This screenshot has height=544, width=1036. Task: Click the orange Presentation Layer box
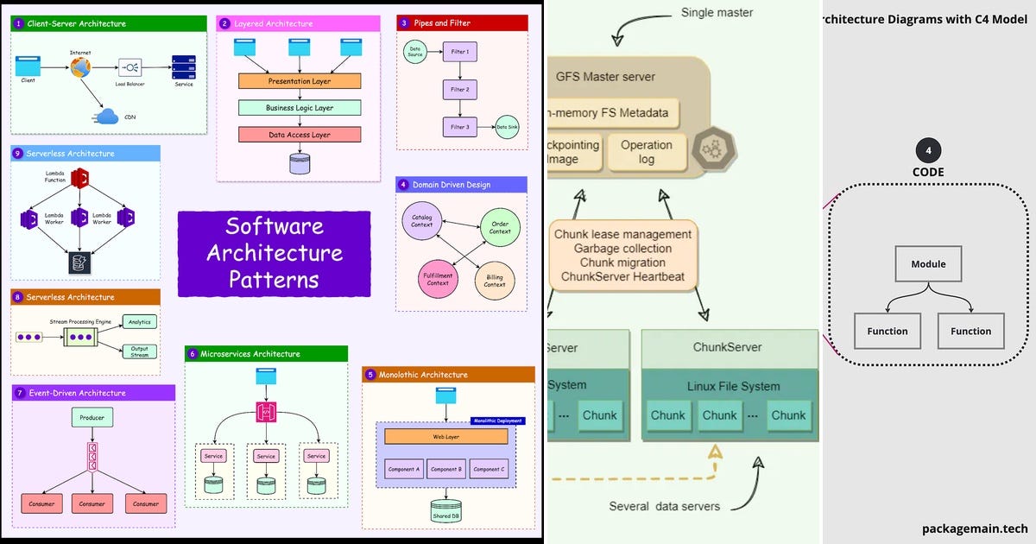[299, 81]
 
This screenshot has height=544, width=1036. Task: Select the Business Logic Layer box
[299, 108]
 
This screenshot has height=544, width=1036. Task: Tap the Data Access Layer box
[299, 135]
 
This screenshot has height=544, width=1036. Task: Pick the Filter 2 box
[459, 89]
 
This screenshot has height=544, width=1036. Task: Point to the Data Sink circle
[507, 127]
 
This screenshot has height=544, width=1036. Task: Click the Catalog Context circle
[422, 220]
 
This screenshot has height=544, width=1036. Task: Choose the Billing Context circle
[495, 280]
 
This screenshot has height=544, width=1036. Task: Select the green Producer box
[92, 418]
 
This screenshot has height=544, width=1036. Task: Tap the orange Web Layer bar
[445, 437]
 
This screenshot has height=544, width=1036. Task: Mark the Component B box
[445, 469]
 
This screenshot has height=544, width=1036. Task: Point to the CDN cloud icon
[108, 117]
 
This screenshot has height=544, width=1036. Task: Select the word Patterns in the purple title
[273, 280]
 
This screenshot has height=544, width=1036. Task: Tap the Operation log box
[647, 152]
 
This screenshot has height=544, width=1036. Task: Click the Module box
[928, 264]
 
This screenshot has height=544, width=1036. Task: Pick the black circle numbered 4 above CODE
[928, 151]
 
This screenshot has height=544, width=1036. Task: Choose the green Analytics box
[139, 322]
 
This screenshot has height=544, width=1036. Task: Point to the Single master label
[717, 13]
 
